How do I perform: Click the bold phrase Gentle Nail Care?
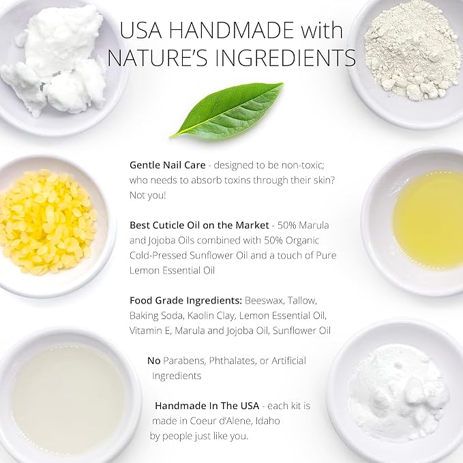click(168, 165)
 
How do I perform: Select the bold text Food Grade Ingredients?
click(185, 301)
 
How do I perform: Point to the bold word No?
click(154, 361)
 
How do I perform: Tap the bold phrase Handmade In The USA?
click(207, 406)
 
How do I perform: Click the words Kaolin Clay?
click(211, 316)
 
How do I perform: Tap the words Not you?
click(148, 195)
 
